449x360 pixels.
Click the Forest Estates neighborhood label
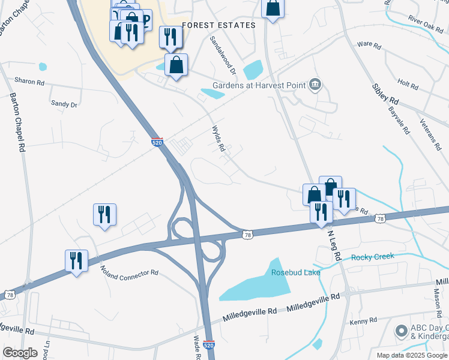218,25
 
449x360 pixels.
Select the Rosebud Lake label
295,272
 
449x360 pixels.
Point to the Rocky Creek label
373,257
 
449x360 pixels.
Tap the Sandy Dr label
64,104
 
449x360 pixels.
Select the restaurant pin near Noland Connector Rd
76,260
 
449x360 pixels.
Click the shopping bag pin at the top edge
273,8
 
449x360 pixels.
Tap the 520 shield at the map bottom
208,346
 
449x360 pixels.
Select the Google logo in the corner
20,353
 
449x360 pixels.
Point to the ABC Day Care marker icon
400,331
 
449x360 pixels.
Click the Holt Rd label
408,85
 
